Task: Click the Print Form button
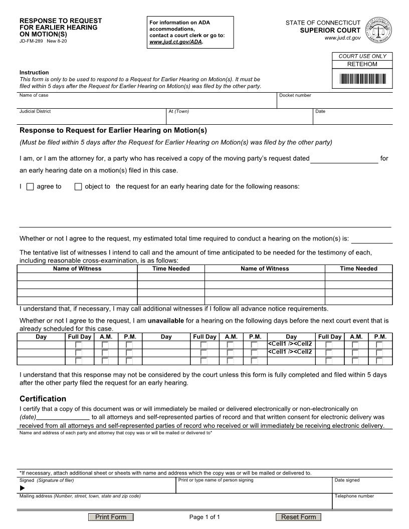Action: coord(111,517)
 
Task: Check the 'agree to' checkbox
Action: coord(30,187)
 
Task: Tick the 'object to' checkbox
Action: coord(78,187)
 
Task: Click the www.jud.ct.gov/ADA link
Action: coord(175,42)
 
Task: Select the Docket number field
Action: coord(334,103)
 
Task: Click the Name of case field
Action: coord(147,103)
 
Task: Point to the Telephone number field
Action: coord(362,502)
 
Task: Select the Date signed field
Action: coord(362,487)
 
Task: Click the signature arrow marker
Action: coord(22,488)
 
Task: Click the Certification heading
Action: coord(43,399)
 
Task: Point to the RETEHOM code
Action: coord(362,64)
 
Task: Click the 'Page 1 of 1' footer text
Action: coord(204,517)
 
